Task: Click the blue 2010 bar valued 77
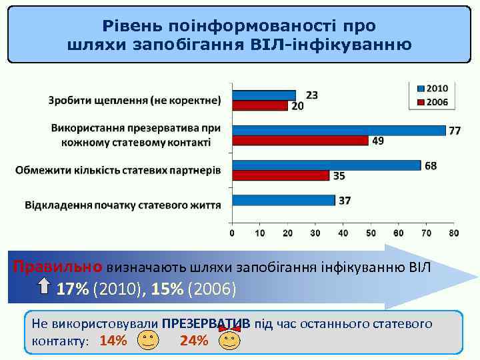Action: click(339, 130)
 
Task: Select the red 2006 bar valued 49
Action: click(300, 140)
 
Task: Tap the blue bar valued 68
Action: click(327, 165)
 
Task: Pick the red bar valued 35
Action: click(281, 175)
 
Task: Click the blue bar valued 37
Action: click(283, 200)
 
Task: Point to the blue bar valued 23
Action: click(264, 95)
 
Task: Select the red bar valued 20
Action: click(260, 105)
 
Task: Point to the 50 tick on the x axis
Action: click(371, 233)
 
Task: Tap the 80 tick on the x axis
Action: click(453, 233)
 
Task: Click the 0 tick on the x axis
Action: click(232, 233)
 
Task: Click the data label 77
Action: click(454, 131)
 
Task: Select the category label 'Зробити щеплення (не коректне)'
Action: click(135, 101)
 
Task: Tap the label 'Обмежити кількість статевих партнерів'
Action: click(118, 170)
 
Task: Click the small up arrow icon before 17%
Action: click(44, 288)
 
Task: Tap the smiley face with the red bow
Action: click(229, 341)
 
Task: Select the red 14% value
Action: click(113, 341)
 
